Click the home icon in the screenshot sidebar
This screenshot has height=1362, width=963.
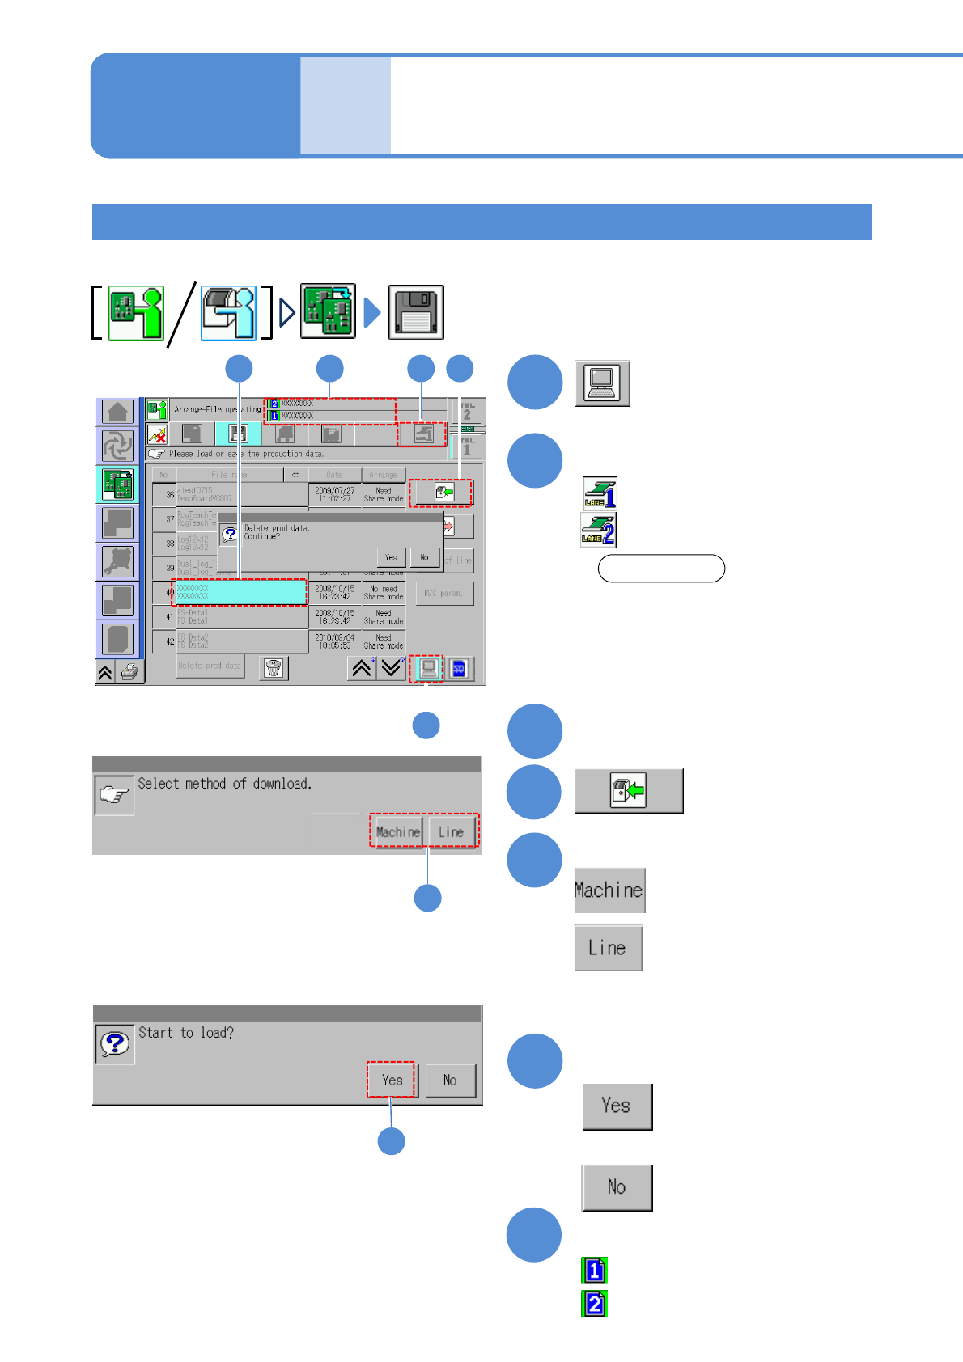click(117, 412)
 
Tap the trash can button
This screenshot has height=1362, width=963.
click(274, 668)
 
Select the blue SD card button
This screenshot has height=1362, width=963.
click(459, 669)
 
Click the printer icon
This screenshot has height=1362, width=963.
click(129, 672)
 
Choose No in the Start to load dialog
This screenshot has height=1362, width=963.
click(450, 1080)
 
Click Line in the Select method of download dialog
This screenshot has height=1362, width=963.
click(451, 831)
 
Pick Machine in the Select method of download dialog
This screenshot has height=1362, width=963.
click(397, 831)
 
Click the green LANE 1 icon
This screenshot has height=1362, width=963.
click(600, 493)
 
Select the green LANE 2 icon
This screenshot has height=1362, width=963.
click(599, 529)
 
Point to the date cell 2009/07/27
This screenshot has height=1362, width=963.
click(335, 494)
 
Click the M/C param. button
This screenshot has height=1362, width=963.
click(443, 593)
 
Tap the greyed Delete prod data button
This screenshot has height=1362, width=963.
click(210, 666)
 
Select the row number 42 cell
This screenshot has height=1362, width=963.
click(164, 641)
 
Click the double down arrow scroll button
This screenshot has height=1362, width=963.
click(392, 668)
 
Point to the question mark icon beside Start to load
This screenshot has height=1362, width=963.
click(114, 1044)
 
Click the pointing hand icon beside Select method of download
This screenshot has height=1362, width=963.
click(114, 795)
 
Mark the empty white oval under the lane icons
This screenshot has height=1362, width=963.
click(661, 569)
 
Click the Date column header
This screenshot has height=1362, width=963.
click(334, 475)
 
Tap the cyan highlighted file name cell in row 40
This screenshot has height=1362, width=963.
click(240, 592)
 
